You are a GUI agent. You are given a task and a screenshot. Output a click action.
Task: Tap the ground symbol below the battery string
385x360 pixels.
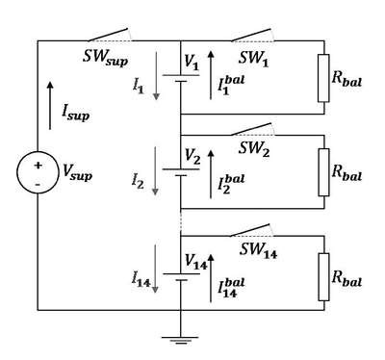180,340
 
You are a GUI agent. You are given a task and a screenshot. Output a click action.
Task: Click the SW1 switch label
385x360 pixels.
253,59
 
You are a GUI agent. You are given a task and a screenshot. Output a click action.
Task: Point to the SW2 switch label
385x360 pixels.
254,149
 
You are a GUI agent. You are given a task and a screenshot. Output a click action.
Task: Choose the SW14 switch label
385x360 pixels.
258,250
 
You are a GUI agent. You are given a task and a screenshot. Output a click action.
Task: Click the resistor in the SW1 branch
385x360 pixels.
323,78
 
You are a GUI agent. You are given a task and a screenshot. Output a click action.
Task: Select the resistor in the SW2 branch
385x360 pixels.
323,172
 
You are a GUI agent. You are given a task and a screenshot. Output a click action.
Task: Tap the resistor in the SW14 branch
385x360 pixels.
323,277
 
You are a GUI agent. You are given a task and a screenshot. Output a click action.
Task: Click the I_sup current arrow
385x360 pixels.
50,106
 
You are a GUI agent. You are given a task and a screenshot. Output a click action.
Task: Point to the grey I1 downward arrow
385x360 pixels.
156,75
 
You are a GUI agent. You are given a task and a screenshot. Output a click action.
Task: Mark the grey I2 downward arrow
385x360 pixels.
155,170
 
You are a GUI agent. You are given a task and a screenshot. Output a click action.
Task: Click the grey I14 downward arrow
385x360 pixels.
155,269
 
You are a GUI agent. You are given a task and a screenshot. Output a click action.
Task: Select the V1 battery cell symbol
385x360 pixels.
181,78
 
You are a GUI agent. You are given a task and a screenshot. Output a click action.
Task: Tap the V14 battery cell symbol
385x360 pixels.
181,277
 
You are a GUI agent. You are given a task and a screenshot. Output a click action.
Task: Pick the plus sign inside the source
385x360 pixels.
38,166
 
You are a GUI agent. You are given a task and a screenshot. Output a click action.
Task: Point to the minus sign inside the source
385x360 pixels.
38,185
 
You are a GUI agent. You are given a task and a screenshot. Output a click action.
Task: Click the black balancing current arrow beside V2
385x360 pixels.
211,174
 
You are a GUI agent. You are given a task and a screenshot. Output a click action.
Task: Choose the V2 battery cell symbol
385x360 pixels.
181,172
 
